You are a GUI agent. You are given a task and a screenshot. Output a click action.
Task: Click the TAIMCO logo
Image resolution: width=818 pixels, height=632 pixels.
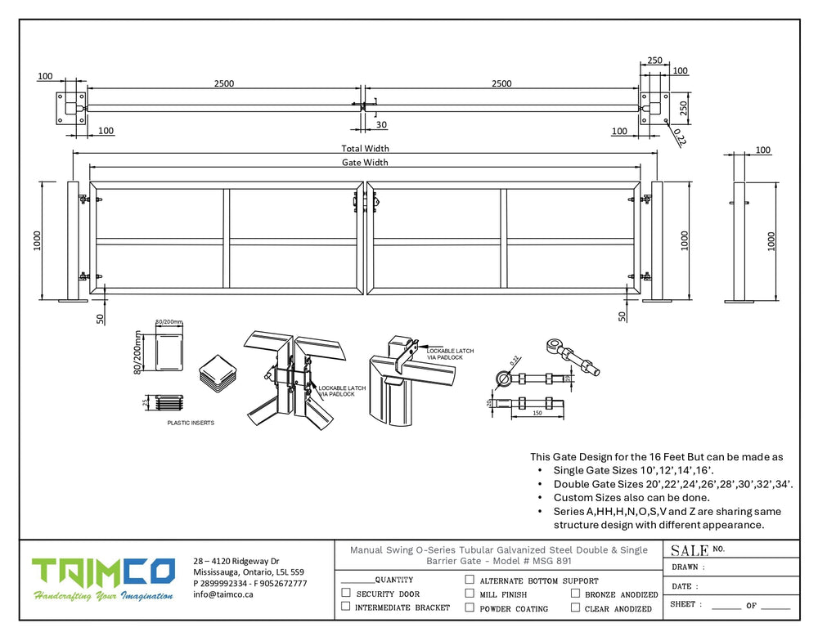coord(103,573)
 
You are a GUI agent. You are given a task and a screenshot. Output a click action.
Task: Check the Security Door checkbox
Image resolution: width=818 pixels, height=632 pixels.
coord(346,593)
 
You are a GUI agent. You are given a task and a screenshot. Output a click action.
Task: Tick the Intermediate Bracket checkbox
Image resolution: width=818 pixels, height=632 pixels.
coord(346,607)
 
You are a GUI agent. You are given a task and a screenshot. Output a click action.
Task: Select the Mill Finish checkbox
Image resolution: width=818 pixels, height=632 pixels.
coord(470,593)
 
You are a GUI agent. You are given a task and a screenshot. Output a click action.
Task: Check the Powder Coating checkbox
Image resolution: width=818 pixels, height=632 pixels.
coord(470,607)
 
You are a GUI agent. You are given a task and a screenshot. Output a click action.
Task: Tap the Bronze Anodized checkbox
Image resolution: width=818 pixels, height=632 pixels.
coord(576,594)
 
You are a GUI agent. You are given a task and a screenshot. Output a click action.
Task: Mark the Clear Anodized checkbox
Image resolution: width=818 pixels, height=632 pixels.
coord(576,607)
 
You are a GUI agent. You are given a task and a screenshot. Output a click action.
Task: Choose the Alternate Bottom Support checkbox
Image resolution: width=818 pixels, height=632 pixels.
coord(470,580)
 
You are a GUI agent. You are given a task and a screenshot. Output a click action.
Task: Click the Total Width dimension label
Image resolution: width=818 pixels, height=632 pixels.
coord(365,149)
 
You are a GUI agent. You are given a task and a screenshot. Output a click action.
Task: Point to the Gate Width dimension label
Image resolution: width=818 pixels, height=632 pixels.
coord(365,163)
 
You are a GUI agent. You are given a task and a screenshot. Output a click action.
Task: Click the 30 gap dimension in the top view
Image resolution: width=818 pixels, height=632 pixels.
coord(382,124)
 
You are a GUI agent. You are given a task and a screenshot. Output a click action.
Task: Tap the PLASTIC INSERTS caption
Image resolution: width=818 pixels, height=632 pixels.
coord(191,423)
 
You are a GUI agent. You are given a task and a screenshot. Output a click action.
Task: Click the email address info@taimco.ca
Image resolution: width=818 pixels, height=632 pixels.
coord(222,594)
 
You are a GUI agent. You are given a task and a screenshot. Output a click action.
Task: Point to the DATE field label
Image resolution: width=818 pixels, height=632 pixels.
coord(685,586)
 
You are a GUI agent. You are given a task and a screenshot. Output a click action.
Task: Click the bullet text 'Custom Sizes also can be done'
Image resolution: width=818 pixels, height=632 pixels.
coord(631,498)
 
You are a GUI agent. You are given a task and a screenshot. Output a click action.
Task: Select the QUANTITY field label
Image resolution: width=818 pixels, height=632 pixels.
coord(393,579)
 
